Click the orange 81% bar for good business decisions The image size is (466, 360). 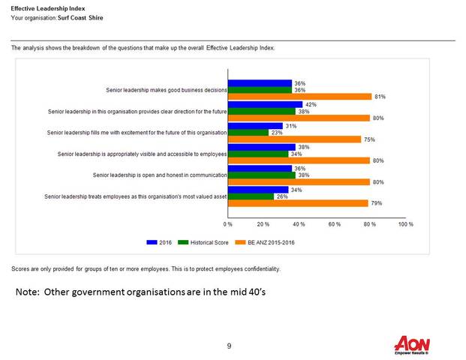[299, 97]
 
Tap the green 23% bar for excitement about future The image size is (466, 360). [248, 133]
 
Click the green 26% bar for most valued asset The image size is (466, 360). [251, 196]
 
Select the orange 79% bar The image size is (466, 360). [298, 203]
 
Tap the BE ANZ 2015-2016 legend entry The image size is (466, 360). [267, 243]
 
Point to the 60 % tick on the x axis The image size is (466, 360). [335, 224]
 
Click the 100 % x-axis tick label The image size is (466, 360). [405, 224]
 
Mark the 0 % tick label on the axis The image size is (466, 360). [228, 224]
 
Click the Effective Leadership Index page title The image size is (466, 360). [44, 7]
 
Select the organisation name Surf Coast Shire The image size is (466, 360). [84, 16]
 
